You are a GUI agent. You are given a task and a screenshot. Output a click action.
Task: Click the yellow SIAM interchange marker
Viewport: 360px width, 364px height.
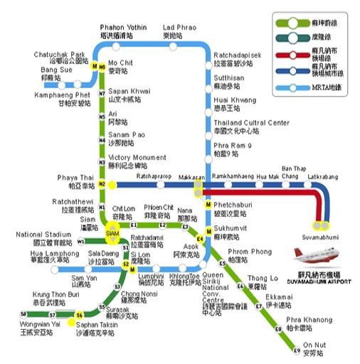coord(112,232)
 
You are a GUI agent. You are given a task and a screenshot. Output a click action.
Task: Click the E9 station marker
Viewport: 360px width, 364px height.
coord(297,350)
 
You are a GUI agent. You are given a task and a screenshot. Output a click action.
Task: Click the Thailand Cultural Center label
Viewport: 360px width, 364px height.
coord(251,127)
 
